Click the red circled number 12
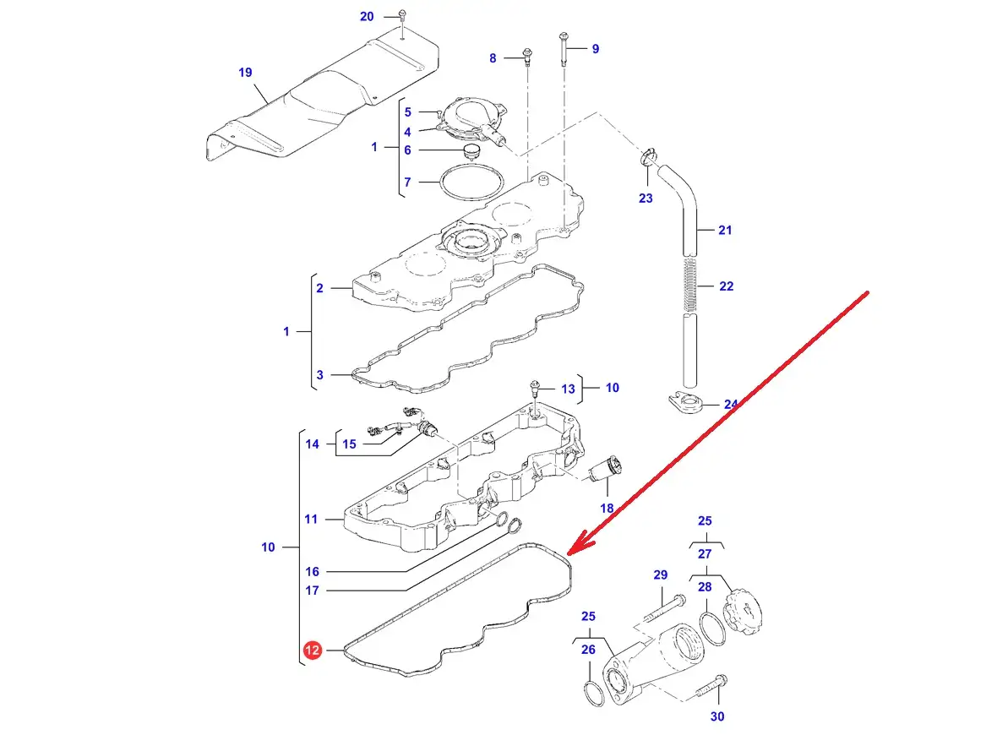click(313, 651)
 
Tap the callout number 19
click(245, 73)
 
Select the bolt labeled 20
click(403, 15)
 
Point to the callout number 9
click(595, 49)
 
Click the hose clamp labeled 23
click(649, 156)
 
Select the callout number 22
click(727, 286)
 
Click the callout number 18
click(607, 508)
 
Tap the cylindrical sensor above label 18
click(607, 469)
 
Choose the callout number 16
click(313, 572)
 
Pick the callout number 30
click(717, 716)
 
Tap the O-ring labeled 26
click(595, 694)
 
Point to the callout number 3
click(319, 375)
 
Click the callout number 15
click(349, 444)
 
